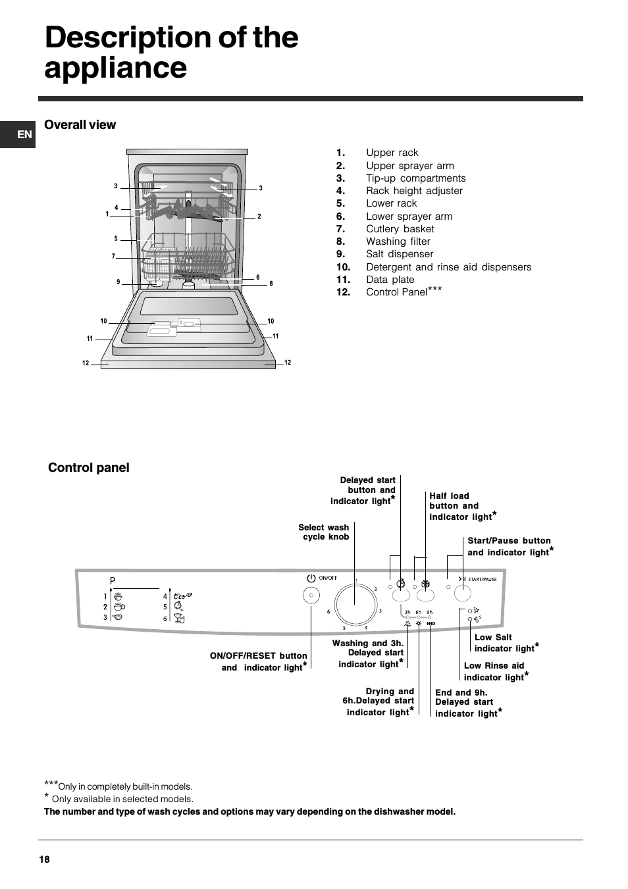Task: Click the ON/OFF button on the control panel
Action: [x=311, y=596]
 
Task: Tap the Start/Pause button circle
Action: [x=463, y=594]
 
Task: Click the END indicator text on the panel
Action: [x=431, y=623]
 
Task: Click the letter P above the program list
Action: [x=113, y=581]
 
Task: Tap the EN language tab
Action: [x=24, y=134]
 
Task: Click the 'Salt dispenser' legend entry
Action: [x=400, y=254]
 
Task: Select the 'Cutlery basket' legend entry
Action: [x=400, y=229]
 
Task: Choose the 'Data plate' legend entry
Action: [x=390, y=280]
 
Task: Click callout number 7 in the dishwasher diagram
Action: [x=113, y=257]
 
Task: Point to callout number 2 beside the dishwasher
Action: [x=259, y=216]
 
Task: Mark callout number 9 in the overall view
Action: [x=118, y=282]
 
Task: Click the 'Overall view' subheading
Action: [x=80, y=125]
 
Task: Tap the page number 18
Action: [x=44, y=859]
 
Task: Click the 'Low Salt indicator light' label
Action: [x=504, y=643]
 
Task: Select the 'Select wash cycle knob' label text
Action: [x=324, y=532]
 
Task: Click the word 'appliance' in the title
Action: [x=116, y=67]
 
